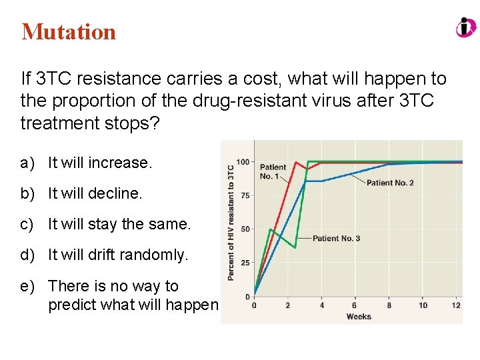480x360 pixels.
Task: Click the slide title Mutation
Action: coord(69,31)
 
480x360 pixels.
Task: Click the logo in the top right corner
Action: coord(466,28)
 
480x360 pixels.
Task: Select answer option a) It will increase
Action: coord(100,163)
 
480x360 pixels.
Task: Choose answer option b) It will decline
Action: coord(95,193)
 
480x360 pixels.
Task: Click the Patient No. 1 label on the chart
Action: coord(273,171)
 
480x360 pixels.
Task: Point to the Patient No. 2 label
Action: coord(389,183)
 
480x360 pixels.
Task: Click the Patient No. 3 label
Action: coord(336,238)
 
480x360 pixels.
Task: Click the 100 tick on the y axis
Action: coord(243,162)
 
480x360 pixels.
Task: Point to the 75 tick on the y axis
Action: coord(245,195)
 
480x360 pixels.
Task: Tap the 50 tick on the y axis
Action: coord(245,229)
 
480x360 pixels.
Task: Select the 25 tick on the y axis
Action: coord(245,263)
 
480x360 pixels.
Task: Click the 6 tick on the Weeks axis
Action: coord(355,305)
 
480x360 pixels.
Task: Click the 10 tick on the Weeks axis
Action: coord(423,305)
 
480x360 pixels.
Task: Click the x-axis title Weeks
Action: coord(359,316)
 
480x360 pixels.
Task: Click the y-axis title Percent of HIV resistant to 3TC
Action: coord(231,222)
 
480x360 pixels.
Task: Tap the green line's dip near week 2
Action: coord(295,247)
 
